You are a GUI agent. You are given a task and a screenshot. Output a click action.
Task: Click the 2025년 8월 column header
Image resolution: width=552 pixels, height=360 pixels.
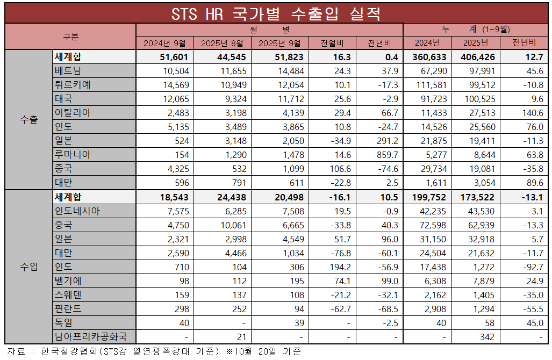223,43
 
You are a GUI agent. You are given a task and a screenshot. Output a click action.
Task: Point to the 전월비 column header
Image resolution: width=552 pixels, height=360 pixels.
334,43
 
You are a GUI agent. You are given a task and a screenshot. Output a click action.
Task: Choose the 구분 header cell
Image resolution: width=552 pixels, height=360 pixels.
70,37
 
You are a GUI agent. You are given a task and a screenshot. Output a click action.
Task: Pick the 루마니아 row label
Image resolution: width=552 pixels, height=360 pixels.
73,155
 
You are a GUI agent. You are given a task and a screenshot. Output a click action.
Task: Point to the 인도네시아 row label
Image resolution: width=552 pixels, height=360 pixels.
77,211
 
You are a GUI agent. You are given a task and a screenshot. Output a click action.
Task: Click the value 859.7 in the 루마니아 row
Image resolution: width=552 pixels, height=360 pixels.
386,155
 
